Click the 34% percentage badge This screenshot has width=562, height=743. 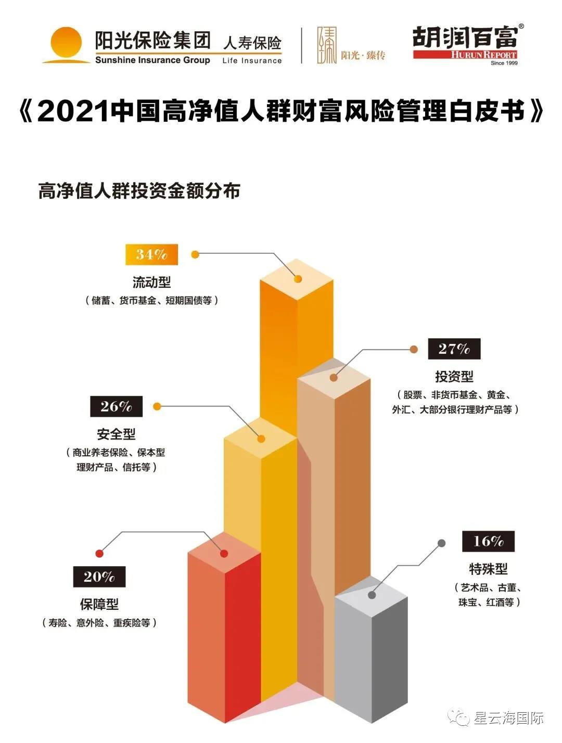[x=151, y=254]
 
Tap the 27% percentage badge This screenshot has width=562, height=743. [x=454, y=349]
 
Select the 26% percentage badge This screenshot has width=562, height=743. [x=116, y=406]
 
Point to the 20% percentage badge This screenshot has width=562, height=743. [x=99, y=577]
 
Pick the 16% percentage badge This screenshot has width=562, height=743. [x=488, y=541]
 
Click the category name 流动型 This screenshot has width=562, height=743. [x=151, y=283]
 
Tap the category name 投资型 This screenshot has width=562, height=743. [x=454, y=376]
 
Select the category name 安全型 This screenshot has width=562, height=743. [x=116, y=434]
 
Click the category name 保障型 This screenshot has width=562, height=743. [x=99, y=604]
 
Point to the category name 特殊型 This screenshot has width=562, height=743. [x=488, y=569]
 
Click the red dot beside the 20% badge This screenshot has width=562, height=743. [x=99, y=554]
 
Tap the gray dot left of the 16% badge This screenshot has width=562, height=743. [x=441, y=543]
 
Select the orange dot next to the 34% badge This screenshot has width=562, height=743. [x=195, y=254]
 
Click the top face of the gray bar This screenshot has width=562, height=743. [x=371, y=595]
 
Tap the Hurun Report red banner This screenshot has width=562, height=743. [x=465, y=55]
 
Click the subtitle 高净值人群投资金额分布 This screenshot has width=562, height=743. [x=139, y=191]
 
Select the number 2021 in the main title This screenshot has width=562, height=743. [x=73, y=111]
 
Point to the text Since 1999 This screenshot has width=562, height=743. [x=504, y=63]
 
